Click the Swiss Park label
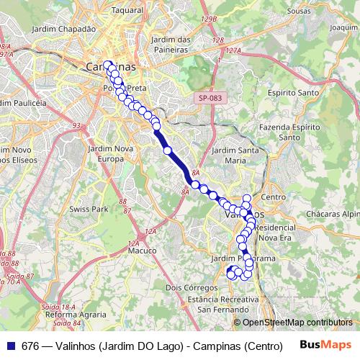coord(89,208)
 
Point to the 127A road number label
coord(233,52)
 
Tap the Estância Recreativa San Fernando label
coord(215,303)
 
